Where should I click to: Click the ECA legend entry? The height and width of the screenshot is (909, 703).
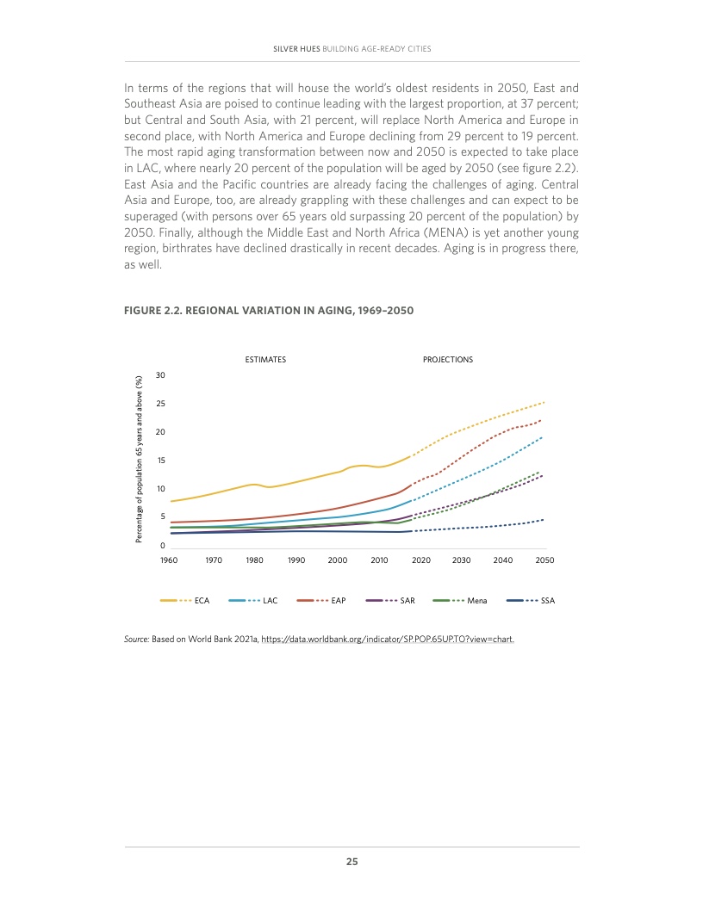tap(202, 599)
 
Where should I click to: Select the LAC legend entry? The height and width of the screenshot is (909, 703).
tap(270, 599)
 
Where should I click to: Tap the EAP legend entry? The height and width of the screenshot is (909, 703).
tap(338, 599)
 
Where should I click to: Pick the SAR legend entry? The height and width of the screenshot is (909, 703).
tap(407, 599)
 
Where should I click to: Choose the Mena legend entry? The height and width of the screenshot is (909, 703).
tap(476, 599)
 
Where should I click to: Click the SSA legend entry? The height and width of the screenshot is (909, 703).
tap(547, 599)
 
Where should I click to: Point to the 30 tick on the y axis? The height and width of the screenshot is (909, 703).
tap(160, 376)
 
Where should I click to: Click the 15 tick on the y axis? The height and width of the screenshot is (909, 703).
tap(160, 461)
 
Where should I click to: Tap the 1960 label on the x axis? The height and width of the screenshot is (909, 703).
tap(169, 560)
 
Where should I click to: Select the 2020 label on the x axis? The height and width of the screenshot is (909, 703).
tap(420, 560)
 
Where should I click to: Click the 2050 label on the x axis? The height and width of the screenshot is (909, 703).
tap(544, 560)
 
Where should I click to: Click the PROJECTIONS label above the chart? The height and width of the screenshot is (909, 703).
tap(448, 359)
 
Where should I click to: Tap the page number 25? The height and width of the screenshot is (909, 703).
tap(351, 862)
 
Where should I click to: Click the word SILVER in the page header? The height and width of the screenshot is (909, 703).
tap(285, 47)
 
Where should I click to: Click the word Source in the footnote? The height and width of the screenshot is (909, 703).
tap(137, 640)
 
